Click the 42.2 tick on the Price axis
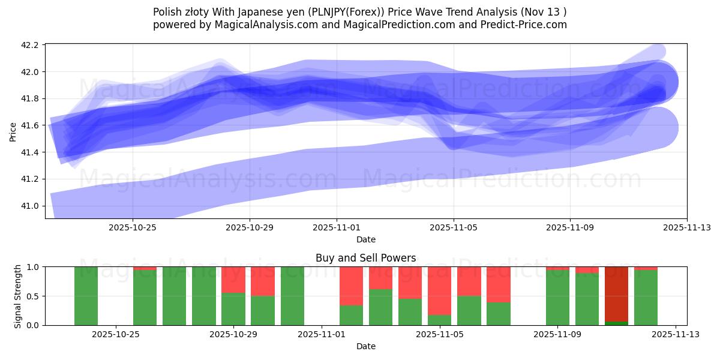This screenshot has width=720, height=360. tap(30, 45)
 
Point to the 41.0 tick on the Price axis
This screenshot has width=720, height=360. tap(30, 206)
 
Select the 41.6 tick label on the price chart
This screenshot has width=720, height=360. tap(30, 125)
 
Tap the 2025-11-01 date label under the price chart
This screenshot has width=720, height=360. tap(337, 227)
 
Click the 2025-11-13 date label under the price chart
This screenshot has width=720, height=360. tap(687, 227)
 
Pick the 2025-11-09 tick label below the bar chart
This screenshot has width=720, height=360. tap(558, 334)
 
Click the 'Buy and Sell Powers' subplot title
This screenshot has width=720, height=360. tap(365, 258)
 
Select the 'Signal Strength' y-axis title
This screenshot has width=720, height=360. tap(18, 296)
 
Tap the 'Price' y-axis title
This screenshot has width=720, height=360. tap(13, 131)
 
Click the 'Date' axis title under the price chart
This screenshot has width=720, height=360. tap(365, 239)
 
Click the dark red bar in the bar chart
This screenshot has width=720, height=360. tap(616, 294)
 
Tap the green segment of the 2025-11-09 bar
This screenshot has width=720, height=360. tap(557, 298)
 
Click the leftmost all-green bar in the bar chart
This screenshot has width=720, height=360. tap(86, 296)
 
